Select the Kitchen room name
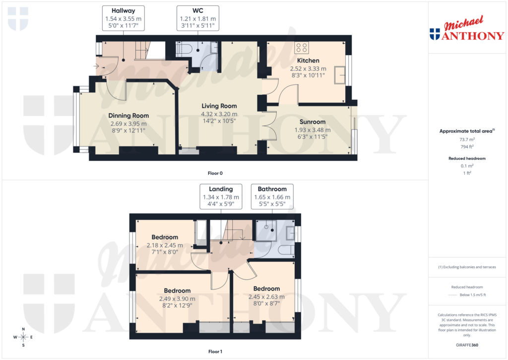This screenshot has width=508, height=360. (308, 61)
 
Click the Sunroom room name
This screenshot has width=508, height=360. (313, 122)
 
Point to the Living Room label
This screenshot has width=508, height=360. (219, 106)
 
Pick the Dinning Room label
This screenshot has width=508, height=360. (128, 116)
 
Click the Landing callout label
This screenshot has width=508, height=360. (221, 189)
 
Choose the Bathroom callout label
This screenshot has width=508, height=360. (272, 189)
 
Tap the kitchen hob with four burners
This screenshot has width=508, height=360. (302, 47)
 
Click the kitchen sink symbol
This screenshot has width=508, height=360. (340, 74)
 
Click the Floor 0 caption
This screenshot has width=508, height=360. (215, 173)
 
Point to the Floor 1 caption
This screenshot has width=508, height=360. (215, 352)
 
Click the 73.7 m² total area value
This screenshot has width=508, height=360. (467, 140)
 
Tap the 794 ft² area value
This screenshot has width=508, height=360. (467, 147)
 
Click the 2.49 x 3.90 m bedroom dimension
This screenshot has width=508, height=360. (177, 299)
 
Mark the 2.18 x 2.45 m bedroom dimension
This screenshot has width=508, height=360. (165, 245)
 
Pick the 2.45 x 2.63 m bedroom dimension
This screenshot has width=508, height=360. (266, 297)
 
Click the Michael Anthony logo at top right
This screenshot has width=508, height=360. (466, 30)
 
